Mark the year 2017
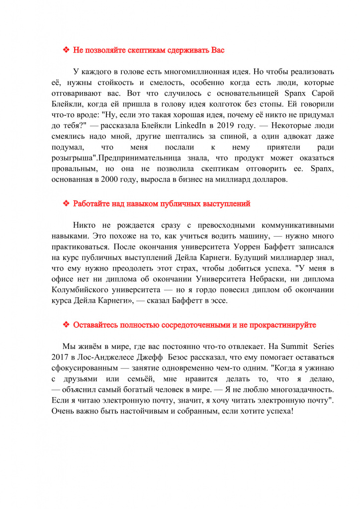tap(60, 357)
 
